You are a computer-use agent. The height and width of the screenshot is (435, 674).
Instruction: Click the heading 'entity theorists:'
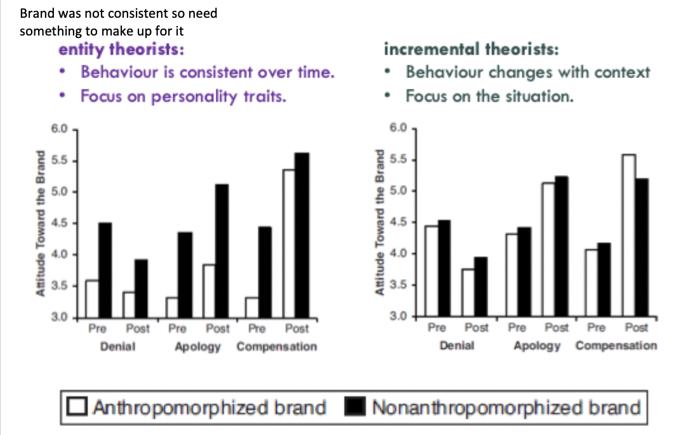tap(122, 49)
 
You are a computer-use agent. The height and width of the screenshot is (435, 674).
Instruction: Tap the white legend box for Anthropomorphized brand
tap(79, 407)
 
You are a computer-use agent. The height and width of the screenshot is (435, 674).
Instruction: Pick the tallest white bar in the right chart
tap(628, 235)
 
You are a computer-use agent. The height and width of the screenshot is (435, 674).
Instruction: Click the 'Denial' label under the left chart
tap(117, 347)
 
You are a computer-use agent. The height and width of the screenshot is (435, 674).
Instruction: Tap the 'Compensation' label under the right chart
tap(616, 346)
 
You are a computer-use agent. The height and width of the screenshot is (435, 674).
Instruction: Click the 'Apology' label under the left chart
tap(199, 347)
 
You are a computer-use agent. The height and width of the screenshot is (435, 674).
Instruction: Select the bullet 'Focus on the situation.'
tap(490, 96)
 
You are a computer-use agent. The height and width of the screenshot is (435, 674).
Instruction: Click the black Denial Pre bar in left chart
tap(105, 269)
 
